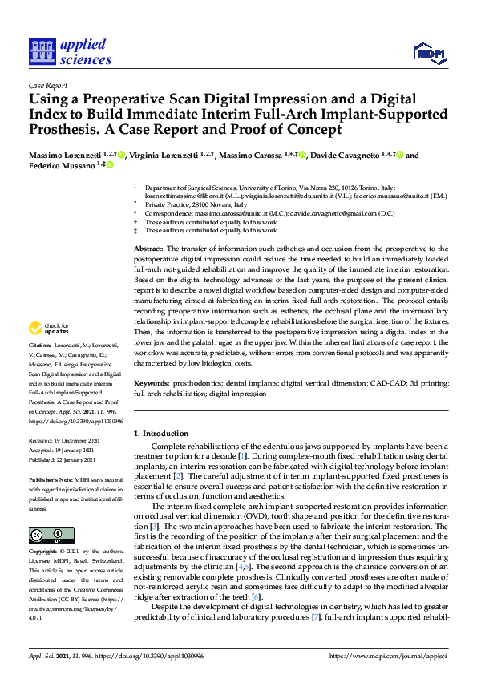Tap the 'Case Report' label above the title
point(47,84)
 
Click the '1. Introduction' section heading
point(163,433)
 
